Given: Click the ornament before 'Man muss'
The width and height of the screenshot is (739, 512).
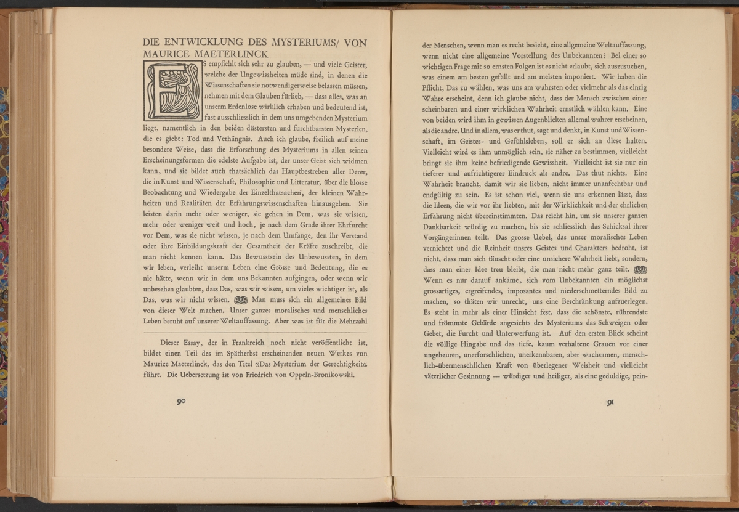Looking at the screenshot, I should click(239, 301).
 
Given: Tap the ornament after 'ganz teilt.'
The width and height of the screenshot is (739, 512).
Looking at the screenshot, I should click(640, 270).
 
